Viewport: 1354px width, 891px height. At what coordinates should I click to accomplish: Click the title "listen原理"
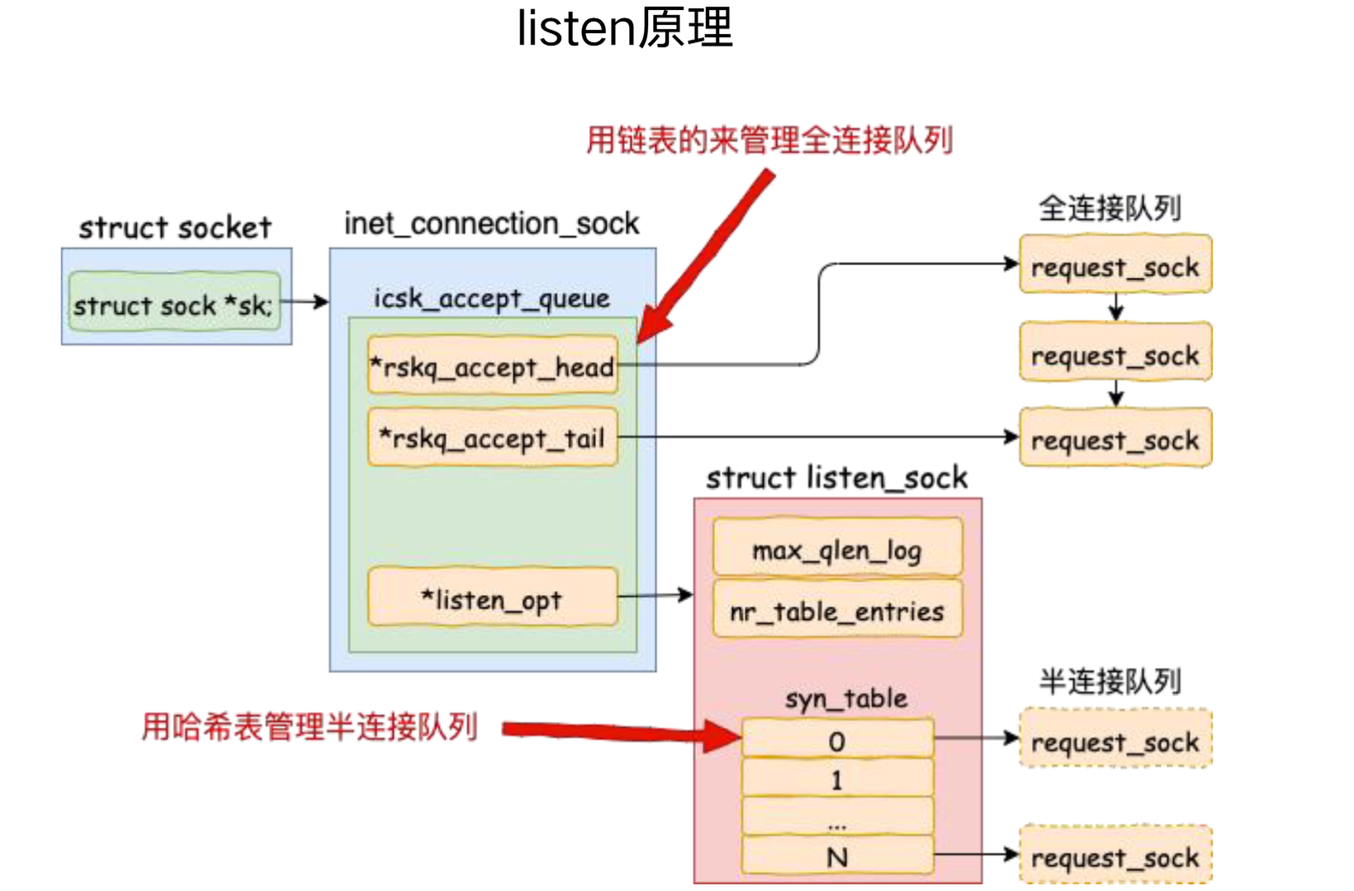625,28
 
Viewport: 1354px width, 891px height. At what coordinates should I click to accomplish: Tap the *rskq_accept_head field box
493,365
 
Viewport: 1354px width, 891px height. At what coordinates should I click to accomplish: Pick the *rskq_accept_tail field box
493,437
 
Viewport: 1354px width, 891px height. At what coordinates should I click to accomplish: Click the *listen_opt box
493,598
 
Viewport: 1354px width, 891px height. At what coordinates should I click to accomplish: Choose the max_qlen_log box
837,549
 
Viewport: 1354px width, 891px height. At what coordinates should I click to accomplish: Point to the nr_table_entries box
837,610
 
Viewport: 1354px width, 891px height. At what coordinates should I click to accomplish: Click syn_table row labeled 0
837,740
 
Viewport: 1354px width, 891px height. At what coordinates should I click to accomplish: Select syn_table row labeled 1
837,779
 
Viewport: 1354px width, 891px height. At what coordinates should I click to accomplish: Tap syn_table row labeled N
837,856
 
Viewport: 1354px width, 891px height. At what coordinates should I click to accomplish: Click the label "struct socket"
175,227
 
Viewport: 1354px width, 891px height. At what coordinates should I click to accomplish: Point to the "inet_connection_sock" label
492,223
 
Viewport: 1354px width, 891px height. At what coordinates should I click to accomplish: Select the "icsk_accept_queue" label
492,298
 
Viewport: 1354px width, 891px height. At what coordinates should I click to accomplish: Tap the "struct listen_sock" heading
837,478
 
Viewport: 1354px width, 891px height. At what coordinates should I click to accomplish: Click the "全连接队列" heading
1110,208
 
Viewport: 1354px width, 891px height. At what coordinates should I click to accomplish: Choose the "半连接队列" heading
1110,681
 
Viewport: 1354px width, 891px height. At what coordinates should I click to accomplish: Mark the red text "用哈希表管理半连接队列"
310,727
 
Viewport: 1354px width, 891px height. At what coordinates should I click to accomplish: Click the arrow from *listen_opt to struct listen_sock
655,595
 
